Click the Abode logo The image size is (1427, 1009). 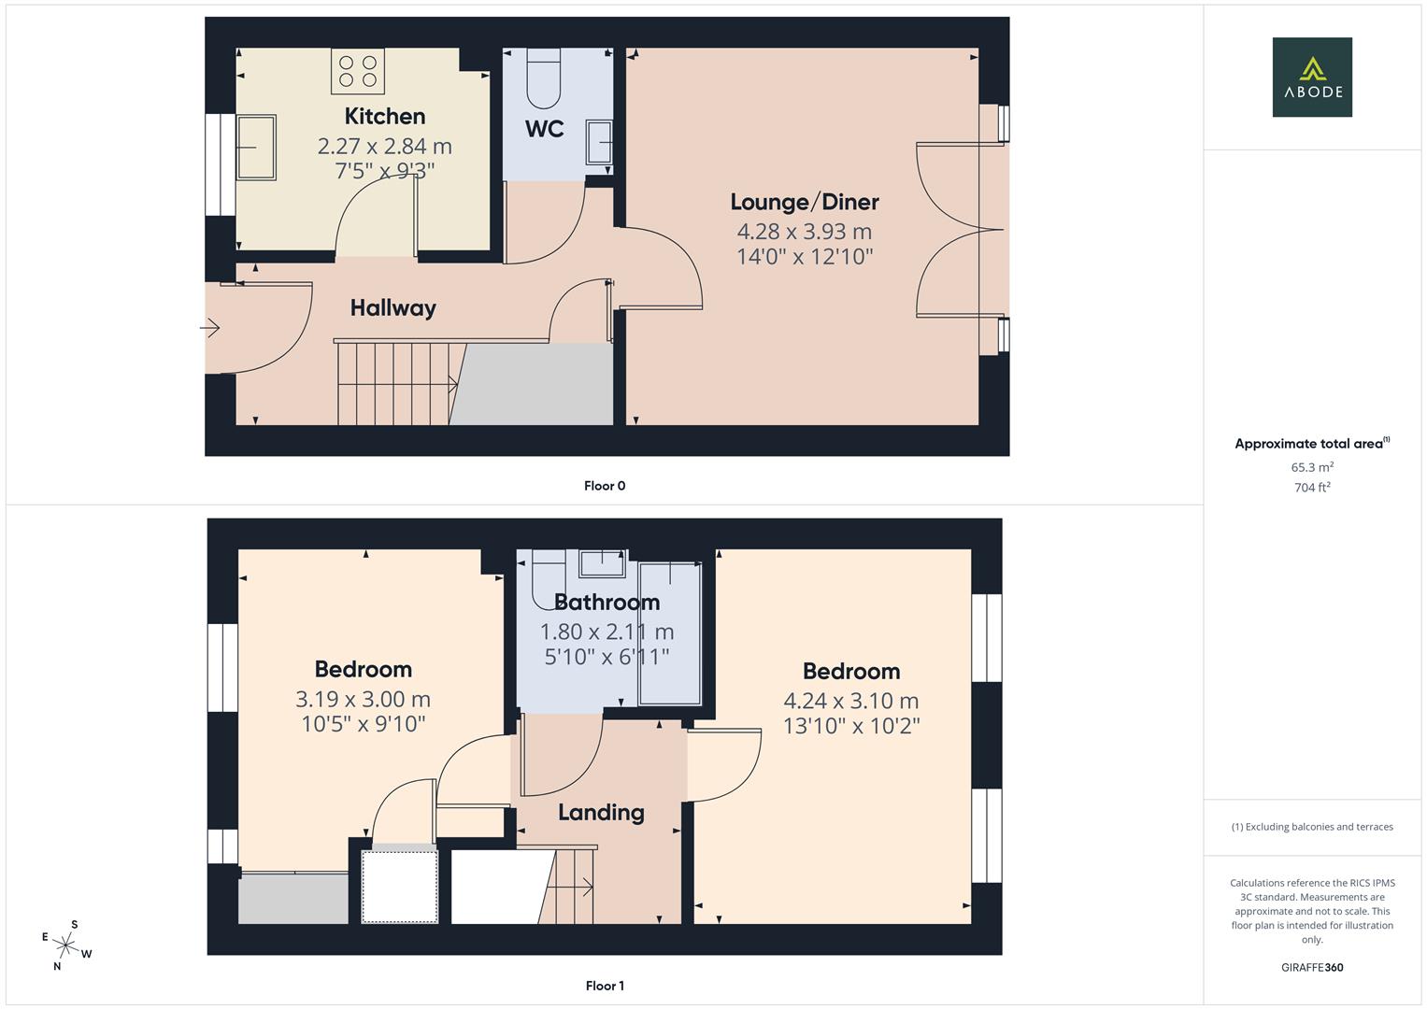coord(1311,77)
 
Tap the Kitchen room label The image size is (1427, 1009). coord(384,116)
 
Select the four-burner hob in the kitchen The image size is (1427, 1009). coord(358,72)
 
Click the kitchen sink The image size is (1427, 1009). coord(255,147)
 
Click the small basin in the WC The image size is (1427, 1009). coord(599,143)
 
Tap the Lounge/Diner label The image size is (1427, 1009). coord(804,202)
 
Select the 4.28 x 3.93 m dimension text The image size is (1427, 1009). coord(804,232)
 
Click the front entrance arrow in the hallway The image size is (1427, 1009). coord(210,328)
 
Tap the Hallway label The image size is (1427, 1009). coord(392,307)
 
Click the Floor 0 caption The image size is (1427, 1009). coord(604,486)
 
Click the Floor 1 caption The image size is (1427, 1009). coord(604,986)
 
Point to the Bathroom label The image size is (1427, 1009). coord(606,602)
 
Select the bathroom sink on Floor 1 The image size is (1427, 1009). coord(602,563)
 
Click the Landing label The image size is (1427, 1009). coord(601,812)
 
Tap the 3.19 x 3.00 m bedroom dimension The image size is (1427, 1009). coord(363,699)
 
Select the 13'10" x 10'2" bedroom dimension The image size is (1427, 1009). coord(850,726)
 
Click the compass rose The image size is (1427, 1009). coord(66,945)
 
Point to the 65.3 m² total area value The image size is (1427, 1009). coord(1311,467)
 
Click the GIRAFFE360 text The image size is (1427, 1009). coord(1311,968)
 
